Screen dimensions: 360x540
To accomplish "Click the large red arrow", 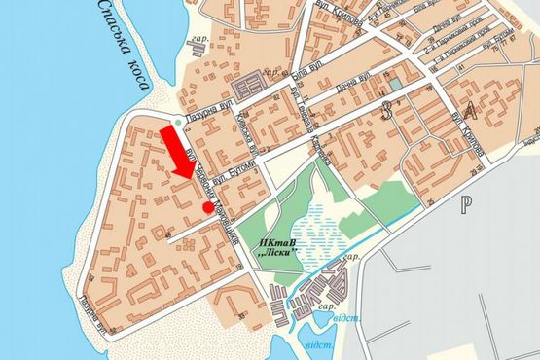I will point(176,154).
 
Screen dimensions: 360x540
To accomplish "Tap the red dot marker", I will point(208,206).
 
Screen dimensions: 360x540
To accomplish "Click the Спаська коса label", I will point(118,40).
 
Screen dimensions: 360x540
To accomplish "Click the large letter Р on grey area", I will point(466,205).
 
